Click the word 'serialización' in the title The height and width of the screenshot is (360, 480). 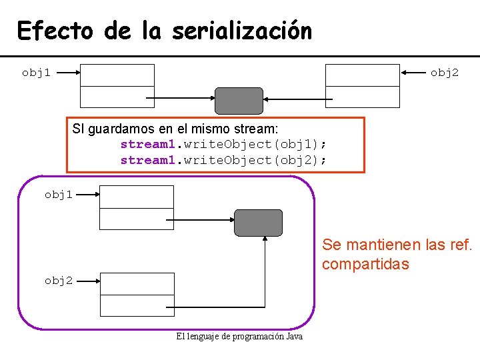(x=241, y=31)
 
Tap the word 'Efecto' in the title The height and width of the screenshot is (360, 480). (x=56, y=31)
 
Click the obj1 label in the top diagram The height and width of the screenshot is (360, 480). (x=36, y=72)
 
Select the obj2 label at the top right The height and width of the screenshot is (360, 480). (x=444, y=72)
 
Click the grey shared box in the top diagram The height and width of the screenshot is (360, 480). (x=239, y=101)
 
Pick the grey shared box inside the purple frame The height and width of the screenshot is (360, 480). (x=258, y=223)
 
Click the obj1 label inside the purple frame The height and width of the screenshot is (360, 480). (x=59, y=194)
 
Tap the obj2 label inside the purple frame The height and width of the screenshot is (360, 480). (x=59, y=281)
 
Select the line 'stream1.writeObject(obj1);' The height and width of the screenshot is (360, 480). (x=223, y=144)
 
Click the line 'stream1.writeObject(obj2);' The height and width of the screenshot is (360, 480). (x=223, y=160)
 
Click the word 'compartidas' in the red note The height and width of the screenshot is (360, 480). (x=365, y=264)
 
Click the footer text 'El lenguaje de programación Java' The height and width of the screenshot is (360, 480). (x=239, y=337)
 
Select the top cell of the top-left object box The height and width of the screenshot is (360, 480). (x=117, y=75)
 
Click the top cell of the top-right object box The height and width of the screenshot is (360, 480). (x=362, y=75)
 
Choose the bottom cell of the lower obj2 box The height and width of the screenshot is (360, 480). (x=137, y=305)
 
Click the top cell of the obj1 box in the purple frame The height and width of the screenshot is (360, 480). (x=137, y=197)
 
